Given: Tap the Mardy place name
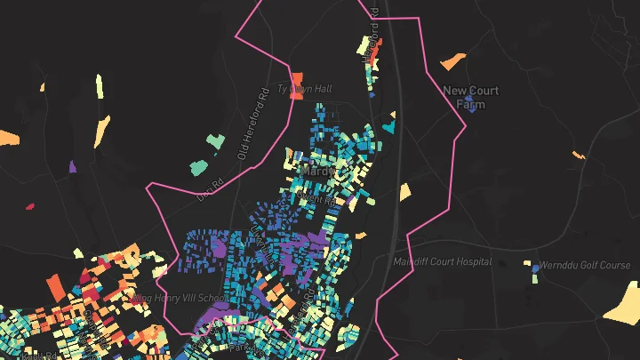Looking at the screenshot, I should point(317,169).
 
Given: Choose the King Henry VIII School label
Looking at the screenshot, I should point(180,298).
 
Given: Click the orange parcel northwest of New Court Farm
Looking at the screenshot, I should point(453,60).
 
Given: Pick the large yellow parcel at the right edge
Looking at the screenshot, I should point(624,302).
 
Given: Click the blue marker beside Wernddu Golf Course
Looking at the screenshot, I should point(535,266).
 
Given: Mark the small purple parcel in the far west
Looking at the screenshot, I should point(73,166).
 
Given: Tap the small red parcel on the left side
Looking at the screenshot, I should point(30,206).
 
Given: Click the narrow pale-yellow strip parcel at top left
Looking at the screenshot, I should point(99,86).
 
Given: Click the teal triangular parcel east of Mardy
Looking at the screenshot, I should point(388,126).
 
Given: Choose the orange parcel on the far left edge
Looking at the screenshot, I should point(9,139).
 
